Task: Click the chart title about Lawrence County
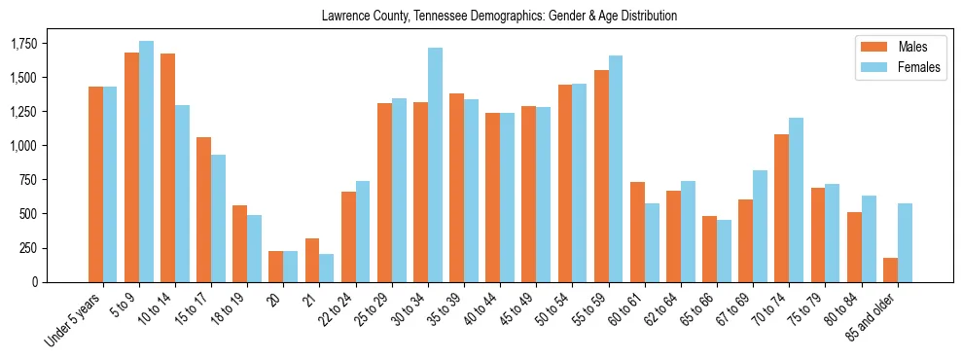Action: (499, 16)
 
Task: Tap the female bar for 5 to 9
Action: (146, 162)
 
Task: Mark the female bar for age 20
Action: (290, 267)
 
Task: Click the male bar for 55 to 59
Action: (601, 176)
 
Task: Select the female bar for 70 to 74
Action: (797, 199)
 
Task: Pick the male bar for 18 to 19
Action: (240, 243)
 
